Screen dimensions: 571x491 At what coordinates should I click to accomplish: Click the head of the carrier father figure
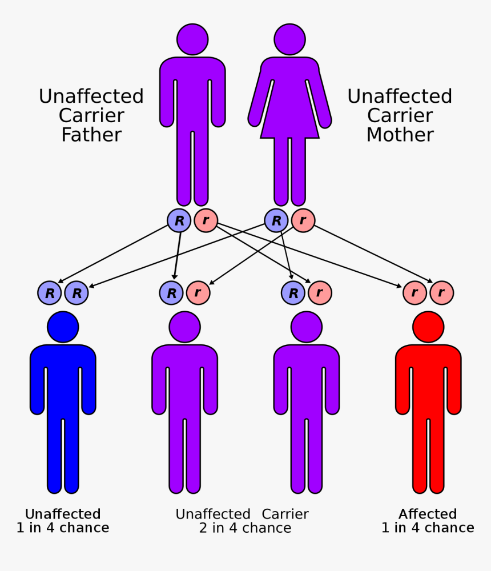click(192, 39)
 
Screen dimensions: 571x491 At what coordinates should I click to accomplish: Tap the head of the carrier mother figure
click(289, 39)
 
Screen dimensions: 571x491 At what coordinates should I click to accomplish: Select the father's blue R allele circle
click(179, 220)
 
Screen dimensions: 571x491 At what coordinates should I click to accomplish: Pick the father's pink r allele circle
click(206, 220)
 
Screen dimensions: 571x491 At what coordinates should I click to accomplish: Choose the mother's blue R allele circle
click(276, 220)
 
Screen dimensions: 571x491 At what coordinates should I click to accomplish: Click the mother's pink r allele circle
click(303, 220)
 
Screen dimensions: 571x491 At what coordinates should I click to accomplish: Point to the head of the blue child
click(63, 327)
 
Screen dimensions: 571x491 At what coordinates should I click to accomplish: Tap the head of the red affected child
click(428, 327)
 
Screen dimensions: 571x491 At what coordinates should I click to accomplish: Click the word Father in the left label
click(91, 135)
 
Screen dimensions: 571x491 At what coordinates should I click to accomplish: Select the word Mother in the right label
click(400, 135)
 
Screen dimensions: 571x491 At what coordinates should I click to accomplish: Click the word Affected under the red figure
click(428, 514)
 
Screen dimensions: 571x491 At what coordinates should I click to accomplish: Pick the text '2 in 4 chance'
click(245, 528)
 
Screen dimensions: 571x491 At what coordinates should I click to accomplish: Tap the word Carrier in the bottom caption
click(285, 514)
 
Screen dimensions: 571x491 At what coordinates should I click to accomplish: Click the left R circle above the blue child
click(50, 293)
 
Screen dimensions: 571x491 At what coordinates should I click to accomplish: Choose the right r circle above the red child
click(441, 293)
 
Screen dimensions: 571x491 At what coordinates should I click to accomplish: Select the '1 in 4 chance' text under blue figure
click(63, 528)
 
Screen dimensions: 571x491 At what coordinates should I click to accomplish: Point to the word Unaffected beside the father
click(91, 96)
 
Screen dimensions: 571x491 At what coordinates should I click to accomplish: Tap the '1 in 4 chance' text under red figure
click(428, 528)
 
